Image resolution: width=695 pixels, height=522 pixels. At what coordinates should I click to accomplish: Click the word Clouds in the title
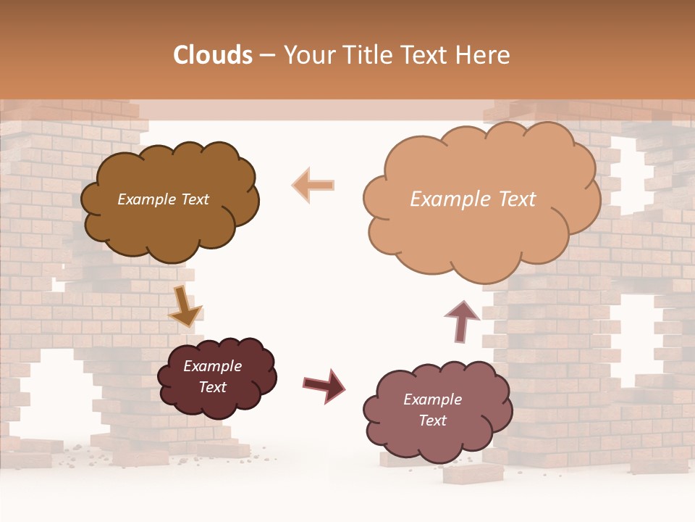tap(213, 55)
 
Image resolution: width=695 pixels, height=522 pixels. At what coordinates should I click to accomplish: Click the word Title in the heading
tap(363, 55)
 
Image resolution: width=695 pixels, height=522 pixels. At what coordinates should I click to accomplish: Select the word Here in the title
tap(484, 55)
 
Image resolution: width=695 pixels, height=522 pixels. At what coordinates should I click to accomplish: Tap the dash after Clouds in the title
tap(267, 56)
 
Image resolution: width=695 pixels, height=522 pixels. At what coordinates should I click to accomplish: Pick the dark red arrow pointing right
tap(324, 384)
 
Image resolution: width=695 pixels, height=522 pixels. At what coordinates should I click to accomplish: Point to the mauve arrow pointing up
tap(461, 320)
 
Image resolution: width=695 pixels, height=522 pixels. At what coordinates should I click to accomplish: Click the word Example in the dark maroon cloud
tap(212, 366)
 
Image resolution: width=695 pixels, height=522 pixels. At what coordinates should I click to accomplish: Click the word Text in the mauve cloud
tap(432, 420)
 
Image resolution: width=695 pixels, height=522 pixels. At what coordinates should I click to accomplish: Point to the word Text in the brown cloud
tap(193, 199)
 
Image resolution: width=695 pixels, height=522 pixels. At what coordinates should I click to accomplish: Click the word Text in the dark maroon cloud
tap(212, 387)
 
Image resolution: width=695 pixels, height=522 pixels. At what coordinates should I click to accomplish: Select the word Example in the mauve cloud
tap(432, 399)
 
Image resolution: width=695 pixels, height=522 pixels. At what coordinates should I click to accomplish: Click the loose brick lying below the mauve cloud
tap(473, 472)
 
